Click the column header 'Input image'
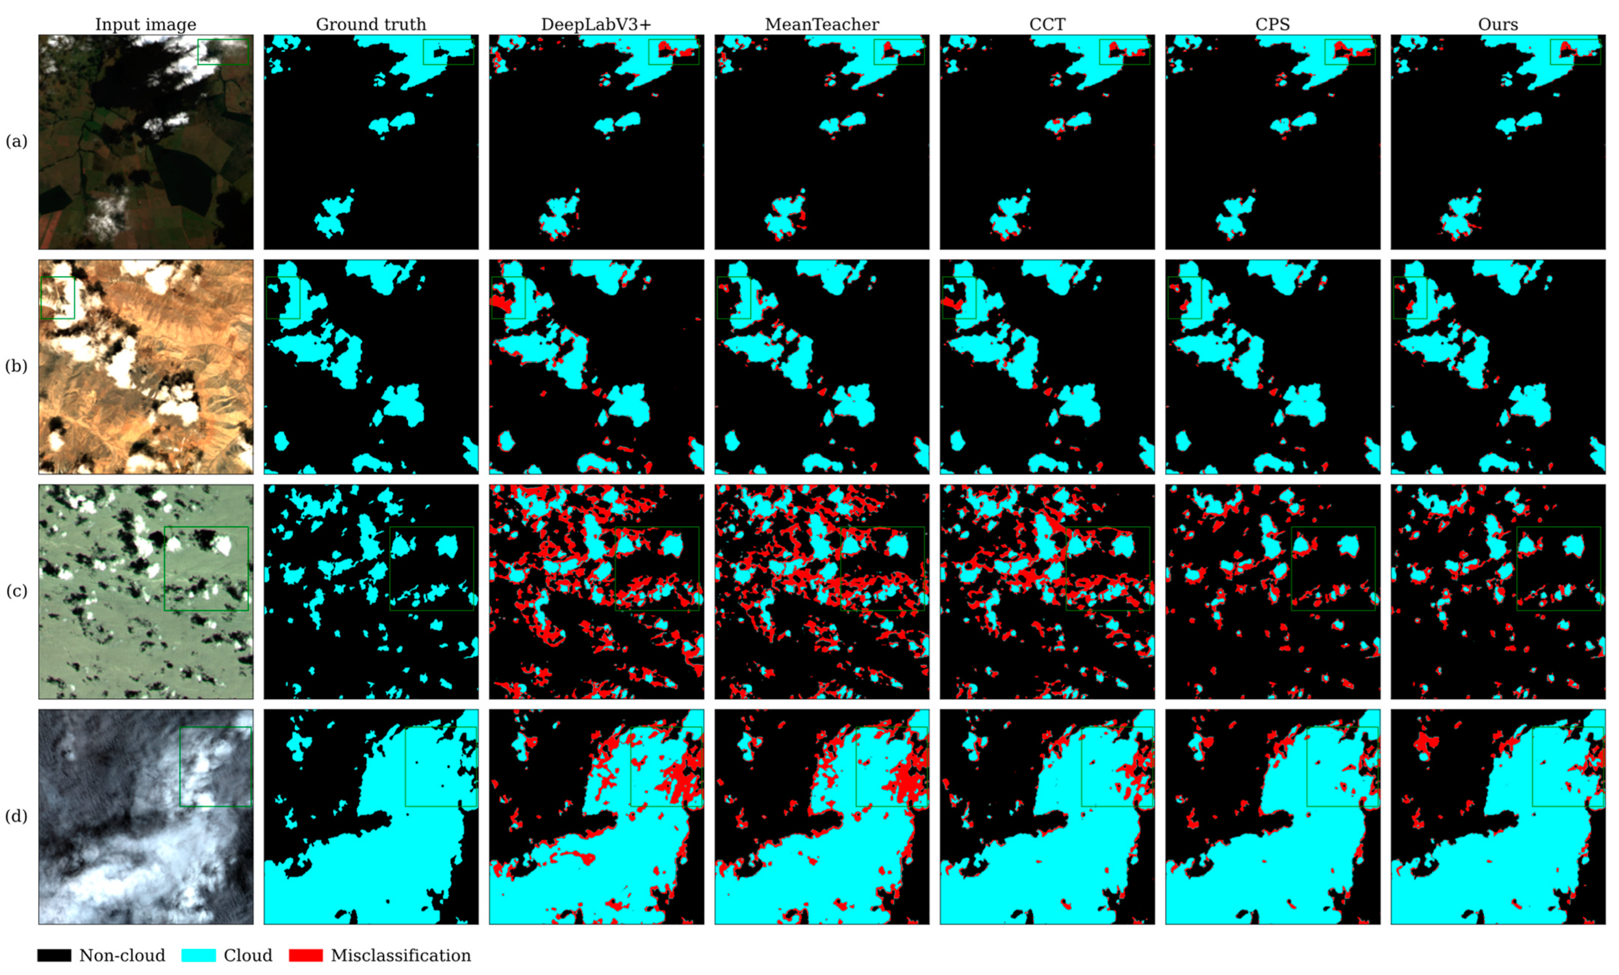145,24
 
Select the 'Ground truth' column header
371,24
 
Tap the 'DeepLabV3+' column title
596,24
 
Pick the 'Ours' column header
1497,24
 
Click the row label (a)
16,141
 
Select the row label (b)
16,366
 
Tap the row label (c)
16,590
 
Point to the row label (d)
16,816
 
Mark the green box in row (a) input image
224,51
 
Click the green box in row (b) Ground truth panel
283,298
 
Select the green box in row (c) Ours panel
1559,568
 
